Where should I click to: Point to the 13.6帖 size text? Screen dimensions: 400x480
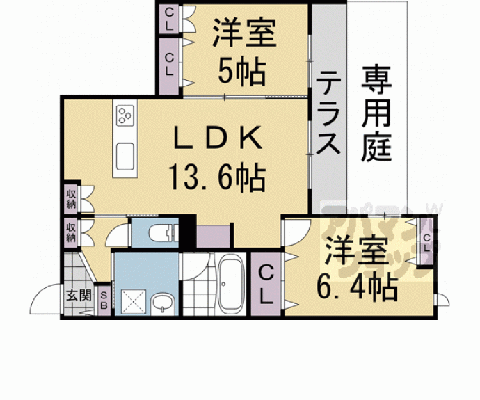(216, 178)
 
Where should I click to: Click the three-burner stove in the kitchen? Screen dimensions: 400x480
(126, 115)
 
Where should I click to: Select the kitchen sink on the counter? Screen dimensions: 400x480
(126, 154)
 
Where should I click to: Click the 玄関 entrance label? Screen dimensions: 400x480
(79, 294)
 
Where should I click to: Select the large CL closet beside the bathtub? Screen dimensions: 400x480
(265, 285)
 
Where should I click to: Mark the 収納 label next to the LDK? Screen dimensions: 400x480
(72, 198)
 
